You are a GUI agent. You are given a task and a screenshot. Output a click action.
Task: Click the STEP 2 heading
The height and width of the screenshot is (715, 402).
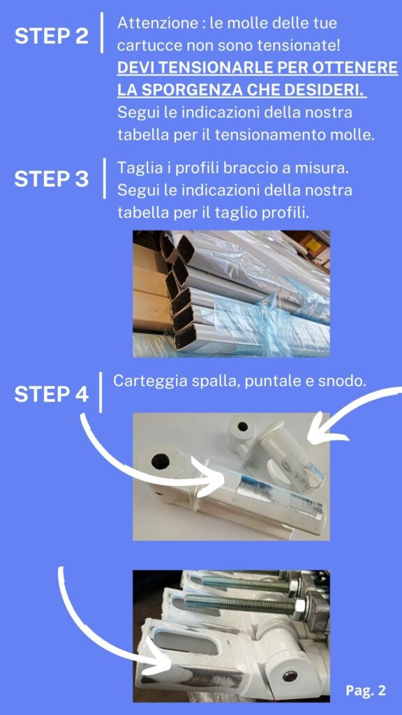(52, 36)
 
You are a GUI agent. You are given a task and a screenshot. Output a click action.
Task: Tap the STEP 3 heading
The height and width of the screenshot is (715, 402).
(52, 179)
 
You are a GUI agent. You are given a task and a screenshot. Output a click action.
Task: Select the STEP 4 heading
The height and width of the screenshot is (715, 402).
(52, 394)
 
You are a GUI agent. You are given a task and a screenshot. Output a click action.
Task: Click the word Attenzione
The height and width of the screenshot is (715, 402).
(157, 23)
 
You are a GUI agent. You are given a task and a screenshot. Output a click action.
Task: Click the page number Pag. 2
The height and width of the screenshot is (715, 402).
(366, 691)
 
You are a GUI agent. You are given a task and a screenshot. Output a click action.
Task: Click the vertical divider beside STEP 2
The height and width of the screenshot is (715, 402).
(102, 32)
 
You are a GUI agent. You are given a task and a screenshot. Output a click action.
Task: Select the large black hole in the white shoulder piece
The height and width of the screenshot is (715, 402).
(161, 462)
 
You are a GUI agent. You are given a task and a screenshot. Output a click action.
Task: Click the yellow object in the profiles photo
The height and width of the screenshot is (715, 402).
(313, 245)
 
